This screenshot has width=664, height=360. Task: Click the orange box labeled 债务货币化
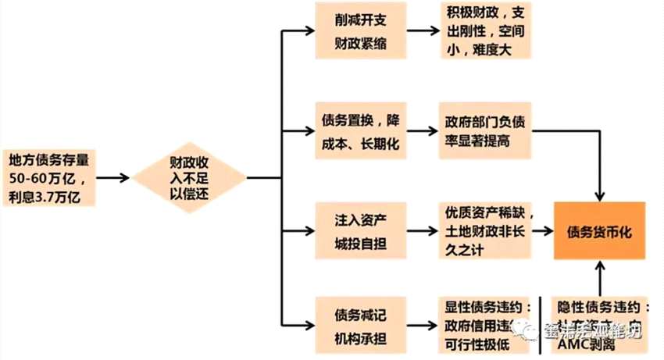600,231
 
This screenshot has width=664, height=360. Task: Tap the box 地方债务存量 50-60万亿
49,179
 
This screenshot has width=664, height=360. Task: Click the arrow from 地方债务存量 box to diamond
112,179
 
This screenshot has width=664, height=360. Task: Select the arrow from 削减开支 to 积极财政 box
422,31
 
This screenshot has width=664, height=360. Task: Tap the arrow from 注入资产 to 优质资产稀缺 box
422,230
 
